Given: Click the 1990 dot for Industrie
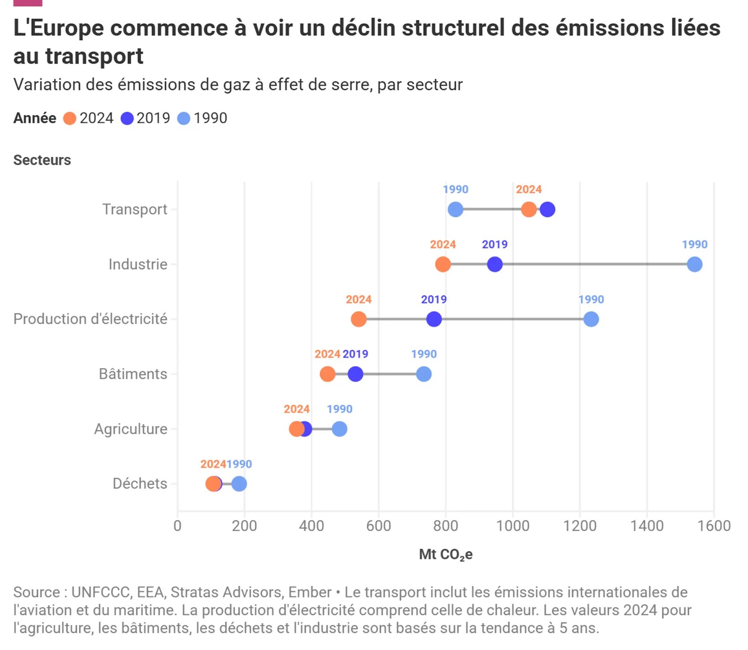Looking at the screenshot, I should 694,264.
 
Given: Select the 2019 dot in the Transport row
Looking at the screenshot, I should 547,210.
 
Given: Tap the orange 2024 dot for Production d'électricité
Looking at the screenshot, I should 358,319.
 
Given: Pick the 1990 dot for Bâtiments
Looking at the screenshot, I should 424,374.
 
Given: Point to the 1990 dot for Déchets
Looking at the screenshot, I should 239,484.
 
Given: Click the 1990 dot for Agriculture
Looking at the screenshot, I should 339,429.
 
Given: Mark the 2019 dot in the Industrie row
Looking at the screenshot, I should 495,264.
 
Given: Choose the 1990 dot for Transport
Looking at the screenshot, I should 455,210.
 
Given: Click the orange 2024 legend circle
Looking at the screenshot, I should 69,118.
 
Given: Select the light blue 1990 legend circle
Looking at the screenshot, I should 183,118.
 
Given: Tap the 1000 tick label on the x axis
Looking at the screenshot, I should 513,526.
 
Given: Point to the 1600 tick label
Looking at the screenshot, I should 714,526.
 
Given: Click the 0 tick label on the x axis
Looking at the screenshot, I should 177,526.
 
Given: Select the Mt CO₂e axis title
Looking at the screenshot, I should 446,555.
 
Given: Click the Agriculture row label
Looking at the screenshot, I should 130,429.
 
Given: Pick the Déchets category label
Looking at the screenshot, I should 140,484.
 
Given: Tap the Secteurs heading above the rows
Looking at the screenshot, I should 42,160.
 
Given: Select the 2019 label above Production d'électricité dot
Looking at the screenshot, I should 433,300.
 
